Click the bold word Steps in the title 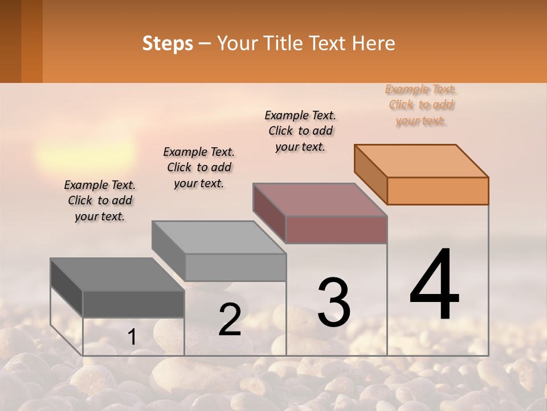[168, 43]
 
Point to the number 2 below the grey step [230, 319]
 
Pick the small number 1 [132, 337]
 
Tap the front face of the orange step [438, 191]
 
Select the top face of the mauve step [320, 200]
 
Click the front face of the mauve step [336, 229]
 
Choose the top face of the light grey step [219, 237]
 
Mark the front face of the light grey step [235, 267]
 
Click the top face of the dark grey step [117, 275]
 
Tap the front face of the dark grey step [133, 304]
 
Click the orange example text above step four [422, 105]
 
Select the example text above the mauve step [300, 131]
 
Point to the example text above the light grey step [199, 167]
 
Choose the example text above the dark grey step [100, 200]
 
